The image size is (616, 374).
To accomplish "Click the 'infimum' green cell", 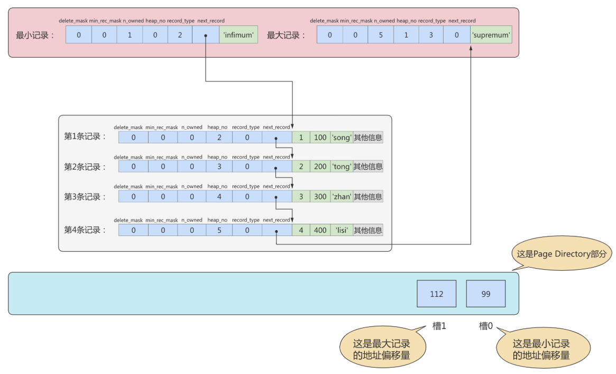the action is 238,34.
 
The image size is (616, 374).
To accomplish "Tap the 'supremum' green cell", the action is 491,34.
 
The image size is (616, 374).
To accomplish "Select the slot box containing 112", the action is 436,294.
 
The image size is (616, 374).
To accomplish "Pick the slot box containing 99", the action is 486,294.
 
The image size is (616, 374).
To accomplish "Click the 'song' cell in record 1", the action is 342,137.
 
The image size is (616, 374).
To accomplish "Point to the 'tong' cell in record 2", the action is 342,167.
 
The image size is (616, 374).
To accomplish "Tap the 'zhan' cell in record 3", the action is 342,196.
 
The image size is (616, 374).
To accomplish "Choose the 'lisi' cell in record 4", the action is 342,230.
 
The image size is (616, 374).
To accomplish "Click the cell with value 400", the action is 320,230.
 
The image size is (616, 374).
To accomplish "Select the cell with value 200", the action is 320,167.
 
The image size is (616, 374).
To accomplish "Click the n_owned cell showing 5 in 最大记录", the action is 381,34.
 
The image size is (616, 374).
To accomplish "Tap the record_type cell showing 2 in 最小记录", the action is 180,34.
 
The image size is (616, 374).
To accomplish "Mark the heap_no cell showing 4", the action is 219,196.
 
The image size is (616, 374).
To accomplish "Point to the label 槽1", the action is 439,326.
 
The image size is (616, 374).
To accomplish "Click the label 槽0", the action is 485,326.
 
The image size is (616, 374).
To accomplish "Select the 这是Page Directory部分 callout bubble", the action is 562,253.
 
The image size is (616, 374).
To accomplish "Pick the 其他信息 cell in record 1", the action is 367,137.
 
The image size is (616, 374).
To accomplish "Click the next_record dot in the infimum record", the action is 206,36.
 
